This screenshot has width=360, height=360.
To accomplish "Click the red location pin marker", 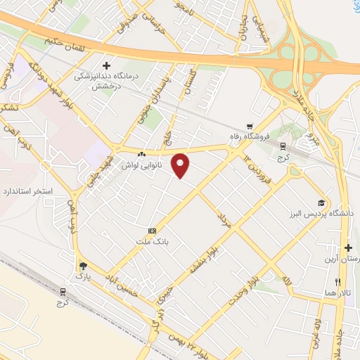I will click(x=181, y=165).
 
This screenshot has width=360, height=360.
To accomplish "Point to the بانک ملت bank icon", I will click(x=151, y=231).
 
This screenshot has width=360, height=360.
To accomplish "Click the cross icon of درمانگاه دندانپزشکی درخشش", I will click(x=105, y=65).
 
